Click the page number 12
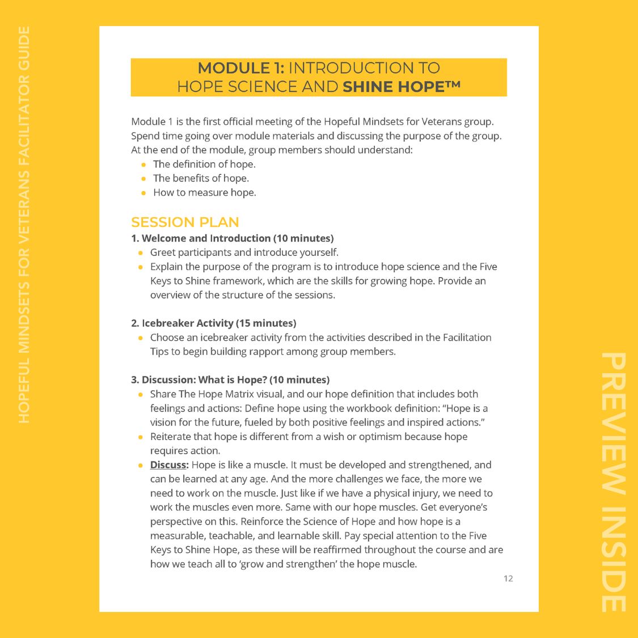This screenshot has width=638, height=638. tap(508, 578)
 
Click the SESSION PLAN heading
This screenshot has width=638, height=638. tap(185, 222)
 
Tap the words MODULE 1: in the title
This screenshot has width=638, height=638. tap(241, 68)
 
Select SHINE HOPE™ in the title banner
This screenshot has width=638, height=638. tap(402, 87)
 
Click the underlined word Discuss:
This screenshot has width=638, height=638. tap(169, 465)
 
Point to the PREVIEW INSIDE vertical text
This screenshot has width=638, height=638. tap(614, 482)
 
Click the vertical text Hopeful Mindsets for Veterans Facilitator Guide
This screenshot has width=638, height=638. tap(24, 224)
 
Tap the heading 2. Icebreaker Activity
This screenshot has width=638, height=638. tap(183, 323)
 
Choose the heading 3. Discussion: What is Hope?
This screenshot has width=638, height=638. tap(204, 380)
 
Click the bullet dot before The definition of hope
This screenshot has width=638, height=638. tap(144, 164)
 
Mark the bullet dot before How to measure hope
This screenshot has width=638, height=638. tap(144, 193)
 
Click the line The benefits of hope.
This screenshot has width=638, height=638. tap(201, 178)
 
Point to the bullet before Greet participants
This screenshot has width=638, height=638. tap(141, 253)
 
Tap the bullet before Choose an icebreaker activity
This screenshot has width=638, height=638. tap(141, 338)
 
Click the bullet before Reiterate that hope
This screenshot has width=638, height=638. tap(141, 437)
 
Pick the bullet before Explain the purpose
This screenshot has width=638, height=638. tap(141, 267)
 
